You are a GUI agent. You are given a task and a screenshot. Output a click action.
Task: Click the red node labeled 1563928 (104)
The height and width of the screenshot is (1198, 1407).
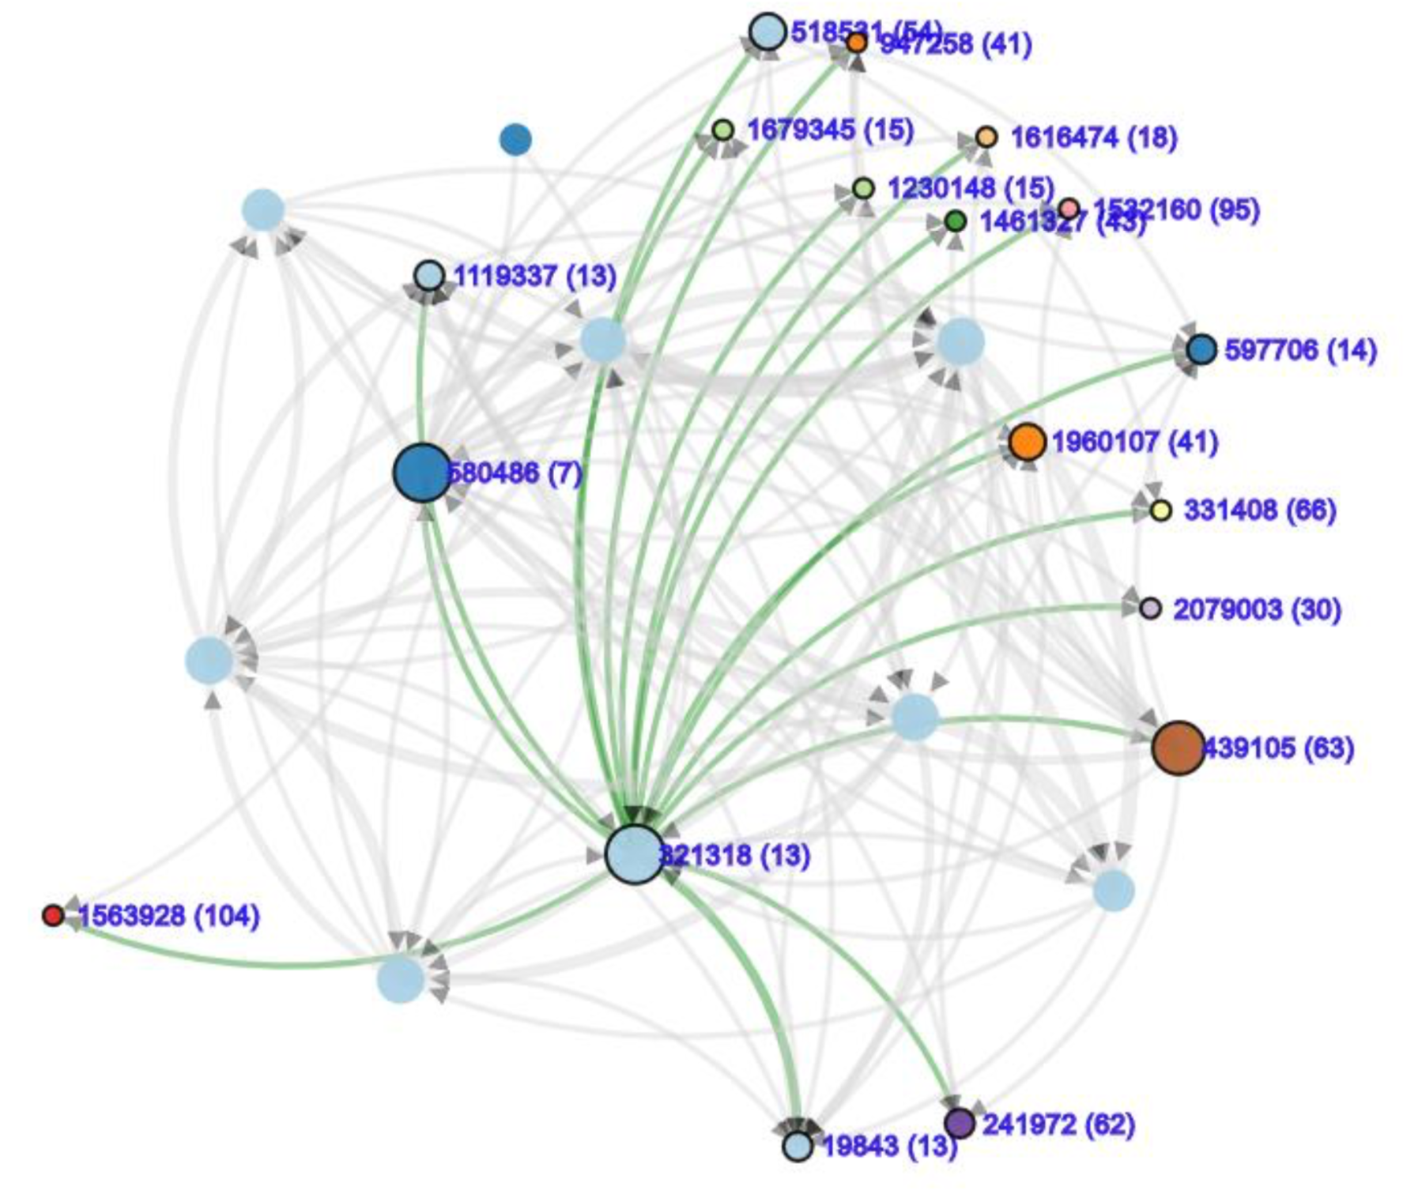pyautogui.click(x=53, y=916)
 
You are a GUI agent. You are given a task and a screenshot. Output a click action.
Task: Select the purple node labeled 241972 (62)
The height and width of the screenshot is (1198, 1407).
pyautogui.click(x=960, y=1123)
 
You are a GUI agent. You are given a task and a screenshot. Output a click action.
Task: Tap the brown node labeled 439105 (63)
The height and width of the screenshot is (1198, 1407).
pyautogui.click(x=1179, y=748)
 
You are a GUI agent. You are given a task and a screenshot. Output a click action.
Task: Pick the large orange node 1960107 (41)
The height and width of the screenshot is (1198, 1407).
pyautogui.click(x=1027, y=442)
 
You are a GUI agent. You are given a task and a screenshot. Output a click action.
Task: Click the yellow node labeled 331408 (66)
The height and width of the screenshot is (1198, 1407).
pyautogui.click(x=1160, y=510)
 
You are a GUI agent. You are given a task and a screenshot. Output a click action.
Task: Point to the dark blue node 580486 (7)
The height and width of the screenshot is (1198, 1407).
pyautogui.click(x=422, y=473)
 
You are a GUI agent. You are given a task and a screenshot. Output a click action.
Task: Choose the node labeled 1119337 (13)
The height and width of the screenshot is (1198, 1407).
pyautogui.click(x=429, y=276)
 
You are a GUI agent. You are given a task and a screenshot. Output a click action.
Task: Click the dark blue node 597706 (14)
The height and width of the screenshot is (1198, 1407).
pyautogui.click(x=1201, y=349)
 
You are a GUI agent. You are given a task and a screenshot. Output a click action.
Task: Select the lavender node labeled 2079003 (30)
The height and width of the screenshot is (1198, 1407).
pyautogui.click(x=1151, y=608)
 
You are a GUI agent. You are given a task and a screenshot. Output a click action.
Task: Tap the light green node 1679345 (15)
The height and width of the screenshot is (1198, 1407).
pyautogui.click(x=722, y=130)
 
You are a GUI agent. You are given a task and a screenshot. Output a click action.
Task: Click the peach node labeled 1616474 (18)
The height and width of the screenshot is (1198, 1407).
pyautogui.click(x=986, y=137)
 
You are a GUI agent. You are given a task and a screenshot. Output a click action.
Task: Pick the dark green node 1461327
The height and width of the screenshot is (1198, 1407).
pyautogui.click(x=956, y=221)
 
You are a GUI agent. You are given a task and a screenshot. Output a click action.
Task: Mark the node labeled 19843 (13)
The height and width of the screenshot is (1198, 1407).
pyautogui.click(x=798, y=1146)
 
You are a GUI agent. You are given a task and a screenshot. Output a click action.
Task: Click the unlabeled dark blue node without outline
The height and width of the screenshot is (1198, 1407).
pyautogui.click(x=515, y=140)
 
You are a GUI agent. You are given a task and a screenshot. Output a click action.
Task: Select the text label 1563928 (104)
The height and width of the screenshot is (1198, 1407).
pyautogui.click(x=169, y=917)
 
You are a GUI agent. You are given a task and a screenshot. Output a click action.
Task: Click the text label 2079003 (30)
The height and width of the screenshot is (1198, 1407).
pyautogui.click(x=1257, y=609)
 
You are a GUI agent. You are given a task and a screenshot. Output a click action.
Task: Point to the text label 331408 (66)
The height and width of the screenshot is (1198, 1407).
pyautogui.click(x=1260, y=510)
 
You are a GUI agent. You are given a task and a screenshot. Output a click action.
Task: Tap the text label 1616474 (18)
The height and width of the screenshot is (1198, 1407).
pyautogui.click(x=1094, y=138)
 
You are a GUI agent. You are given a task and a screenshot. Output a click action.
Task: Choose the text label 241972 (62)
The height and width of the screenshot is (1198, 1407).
pyautogui.click(x=1058, y=1124)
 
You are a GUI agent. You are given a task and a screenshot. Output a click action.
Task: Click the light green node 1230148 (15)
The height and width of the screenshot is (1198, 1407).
pyautogui.click(x=863, y=188)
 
